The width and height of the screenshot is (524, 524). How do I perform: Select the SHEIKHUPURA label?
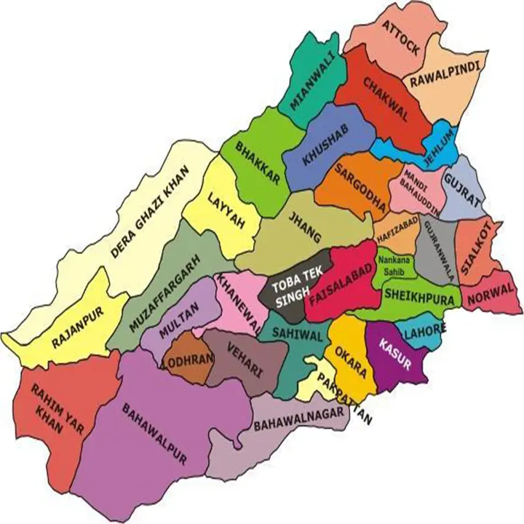pyautogui.click(x=418, y=296)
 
